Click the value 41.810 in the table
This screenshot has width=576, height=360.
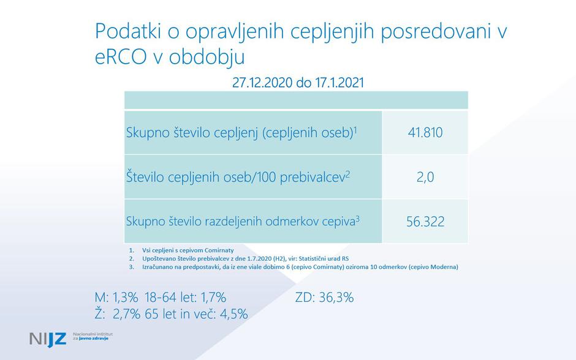coord(425,132)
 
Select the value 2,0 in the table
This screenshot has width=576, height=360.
coord(425,177)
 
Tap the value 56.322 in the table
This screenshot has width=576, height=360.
coord(425,221)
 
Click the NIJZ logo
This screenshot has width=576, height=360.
coord(48,338)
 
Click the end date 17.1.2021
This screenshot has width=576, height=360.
coord(339,82)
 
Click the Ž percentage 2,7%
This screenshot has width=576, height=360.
coord(125,314)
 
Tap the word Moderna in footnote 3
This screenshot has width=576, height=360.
coord(442,267)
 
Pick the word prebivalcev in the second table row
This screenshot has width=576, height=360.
coord(312,177)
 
